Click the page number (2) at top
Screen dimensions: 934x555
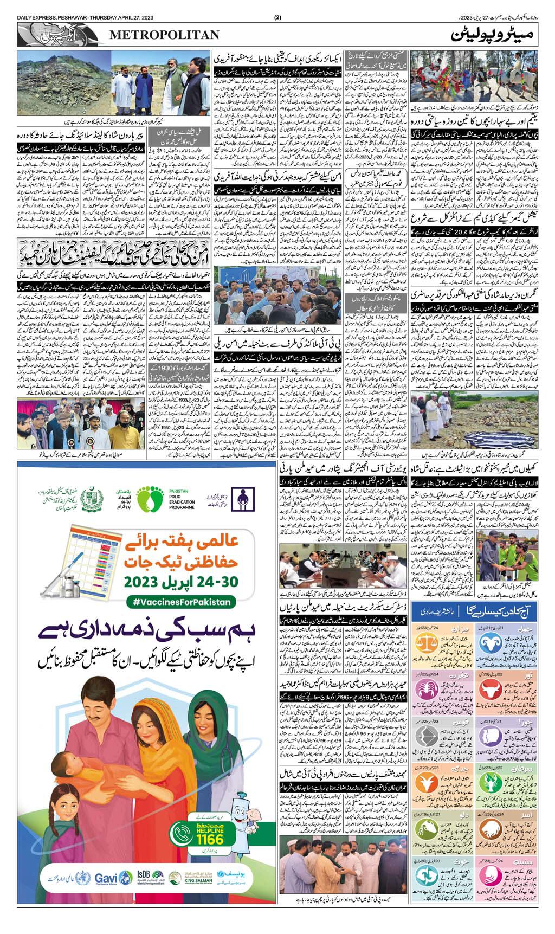[278, 17]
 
